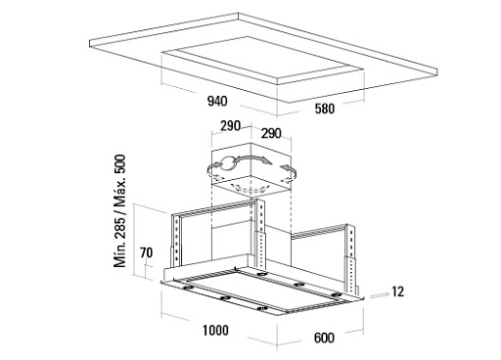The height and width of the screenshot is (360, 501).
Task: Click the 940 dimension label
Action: tap(217, 102)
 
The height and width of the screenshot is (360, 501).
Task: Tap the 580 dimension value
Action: tap(325, 109)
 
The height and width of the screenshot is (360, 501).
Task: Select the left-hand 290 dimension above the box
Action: tap(230, 126)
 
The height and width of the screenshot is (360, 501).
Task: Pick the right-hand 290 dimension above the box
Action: tap(271, 133)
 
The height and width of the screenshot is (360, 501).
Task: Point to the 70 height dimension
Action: tap(146, 252)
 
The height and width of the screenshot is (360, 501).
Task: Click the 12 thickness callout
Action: tap(397, 292)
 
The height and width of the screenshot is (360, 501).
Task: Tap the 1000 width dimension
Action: tap(215, 331)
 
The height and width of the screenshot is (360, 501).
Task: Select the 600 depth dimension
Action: tap(324, 337)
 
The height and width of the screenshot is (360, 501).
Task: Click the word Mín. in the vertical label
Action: tap(119, 252)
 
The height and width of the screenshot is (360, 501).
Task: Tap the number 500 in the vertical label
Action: tap(119, 164)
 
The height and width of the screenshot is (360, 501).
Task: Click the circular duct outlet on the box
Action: tap(228, 163)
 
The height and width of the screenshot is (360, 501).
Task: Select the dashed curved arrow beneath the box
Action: tap(250, 189)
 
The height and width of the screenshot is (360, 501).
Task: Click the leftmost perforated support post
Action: tap(175, 240)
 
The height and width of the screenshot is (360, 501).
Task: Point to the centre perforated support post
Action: tap(260, 233)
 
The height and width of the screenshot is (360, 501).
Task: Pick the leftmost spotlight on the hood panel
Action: tap(188, 288)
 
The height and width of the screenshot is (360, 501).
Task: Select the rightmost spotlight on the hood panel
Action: tap(336, 295)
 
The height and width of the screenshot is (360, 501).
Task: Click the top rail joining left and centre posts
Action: tap(217, 207)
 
